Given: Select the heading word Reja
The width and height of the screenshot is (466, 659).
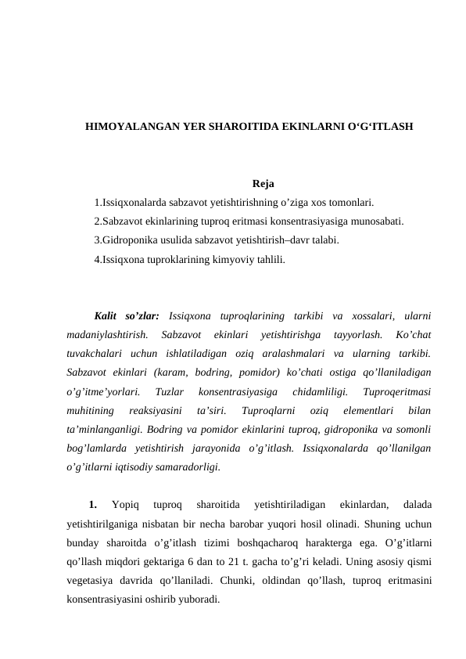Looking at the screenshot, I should point(263,185).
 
